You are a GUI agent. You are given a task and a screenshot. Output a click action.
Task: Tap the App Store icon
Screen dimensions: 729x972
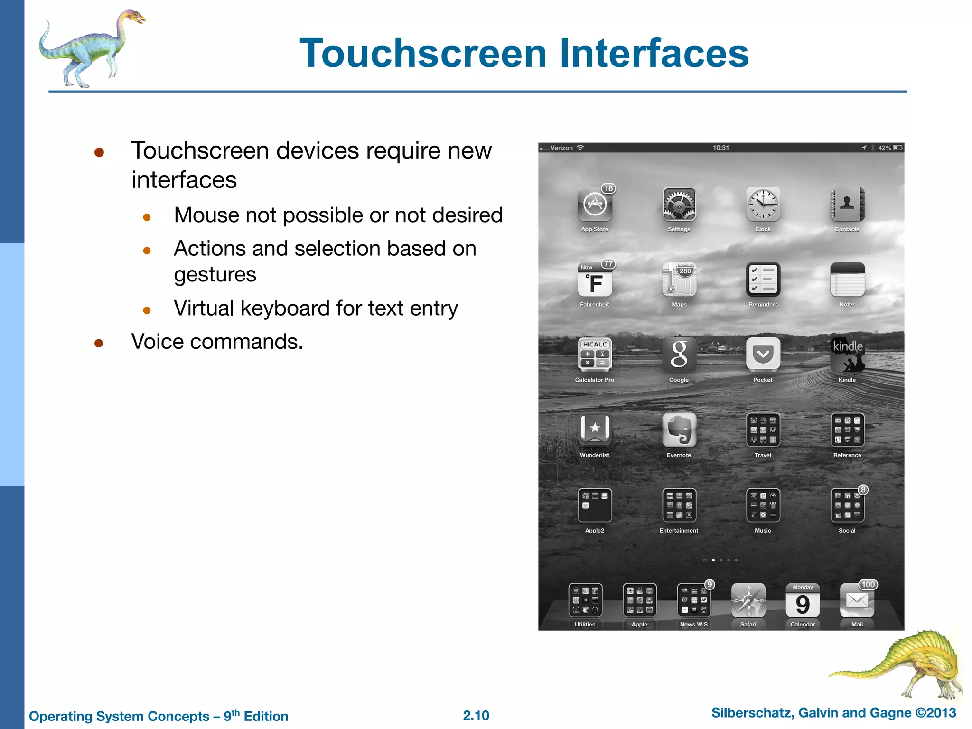coord(594,205)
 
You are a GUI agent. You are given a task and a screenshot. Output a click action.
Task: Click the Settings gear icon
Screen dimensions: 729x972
coord(679,205)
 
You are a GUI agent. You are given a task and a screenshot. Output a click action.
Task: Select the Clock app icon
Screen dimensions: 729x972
coord(763,205)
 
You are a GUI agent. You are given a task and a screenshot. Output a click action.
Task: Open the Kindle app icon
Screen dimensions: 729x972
coord(847,355)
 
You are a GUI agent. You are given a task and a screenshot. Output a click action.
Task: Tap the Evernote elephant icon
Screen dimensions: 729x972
coord(679,430)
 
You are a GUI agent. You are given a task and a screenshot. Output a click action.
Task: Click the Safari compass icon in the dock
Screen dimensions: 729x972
coord(748,600)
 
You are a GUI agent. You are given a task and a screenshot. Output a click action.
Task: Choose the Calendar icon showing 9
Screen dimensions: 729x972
coord(803,600)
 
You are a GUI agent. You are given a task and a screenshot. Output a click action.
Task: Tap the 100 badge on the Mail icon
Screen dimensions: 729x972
coord(868,585)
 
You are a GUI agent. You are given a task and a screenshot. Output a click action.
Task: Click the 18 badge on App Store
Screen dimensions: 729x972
coord(608,188)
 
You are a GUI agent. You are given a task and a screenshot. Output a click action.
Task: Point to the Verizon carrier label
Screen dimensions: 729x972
coord(561,148)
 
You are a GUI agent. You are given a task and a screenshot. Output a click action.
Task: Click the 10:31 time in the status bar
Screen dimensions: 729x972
coord(720,148)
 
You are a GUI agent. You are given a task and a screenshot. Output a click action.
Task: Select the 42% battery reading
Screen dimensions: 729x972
coord(884,148)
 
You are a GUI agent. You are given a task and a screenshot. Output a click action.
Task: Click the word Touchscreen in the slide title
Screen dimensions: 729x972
coord(423,53)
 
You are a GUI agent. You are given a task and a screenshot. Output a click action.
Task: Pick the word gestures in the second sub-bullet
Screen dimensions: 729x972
coord(215,275)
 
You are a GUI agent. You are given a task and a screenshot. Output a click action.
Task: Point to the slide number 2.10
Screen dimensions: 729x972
coord(476,716)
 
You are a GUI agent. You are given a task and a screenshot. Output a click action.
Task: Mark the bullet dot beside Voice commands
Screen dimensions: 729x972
coord(99,343)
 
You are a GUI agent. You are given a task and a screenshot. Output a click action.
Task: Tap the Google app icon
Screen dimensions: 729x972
coord(679,355)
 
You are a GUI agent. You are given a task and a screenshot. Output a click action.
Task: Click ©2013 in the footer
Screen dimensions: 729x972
coord(935,713)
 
